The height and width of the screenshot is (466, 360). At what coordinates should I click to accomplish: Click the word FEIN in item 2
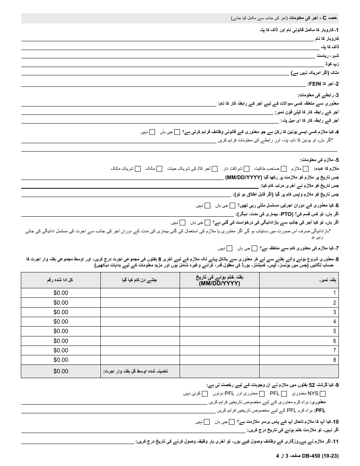pyautogui.click(x=315, y=84)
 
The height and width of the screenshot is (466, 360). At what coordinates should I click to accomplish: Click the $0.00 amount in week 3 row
pyautogui.click(x=61, y=312)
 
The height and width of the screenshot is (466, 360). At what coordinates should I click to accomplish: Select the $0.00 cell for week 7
pyautogui.click(x=61, y=350)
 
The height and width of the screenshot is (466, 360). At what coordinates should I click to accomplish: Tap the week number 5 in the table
pyautogui.click(x=334, y=331)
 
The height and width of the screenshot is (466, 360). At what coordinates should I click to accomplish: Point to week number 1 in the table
pyautogui.click(x=334, y=293)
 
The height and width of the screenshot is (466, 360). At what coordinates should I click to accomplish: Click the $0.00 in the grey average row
pyautogui.click(x=61, y=371)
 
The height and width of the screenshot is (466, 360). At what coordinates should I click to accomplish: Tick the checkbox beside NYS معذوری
pyautogui.click(x=323, y=394)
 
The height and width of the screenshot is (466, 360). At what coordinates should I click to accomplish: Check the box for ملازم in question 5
pyautogui.click(x=305, y=169)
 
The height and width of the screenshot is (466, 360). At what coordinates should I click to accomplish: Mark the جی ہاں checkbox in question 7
pyautogui.click(x=255, y=249)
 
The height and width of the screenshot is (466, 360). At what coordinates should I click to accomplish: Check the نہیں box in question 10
pyautogui.click(x=207, y=422)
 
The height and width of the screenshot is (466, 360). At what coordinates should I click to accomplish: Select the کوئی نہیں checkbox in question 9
pyautogui.click(x=205, y=394)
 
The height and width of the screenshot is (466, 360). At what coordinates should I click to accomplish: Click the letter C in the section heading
pyautogui.click(x=324, y=18)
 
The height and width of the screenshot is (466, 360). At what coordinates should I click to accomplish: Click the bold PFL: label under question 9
pyautogui.click(x=321, y=410)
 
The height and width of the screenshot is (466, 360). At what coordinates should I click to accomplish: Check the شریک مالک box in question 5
pyautogui.click(x=138, y=169)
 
